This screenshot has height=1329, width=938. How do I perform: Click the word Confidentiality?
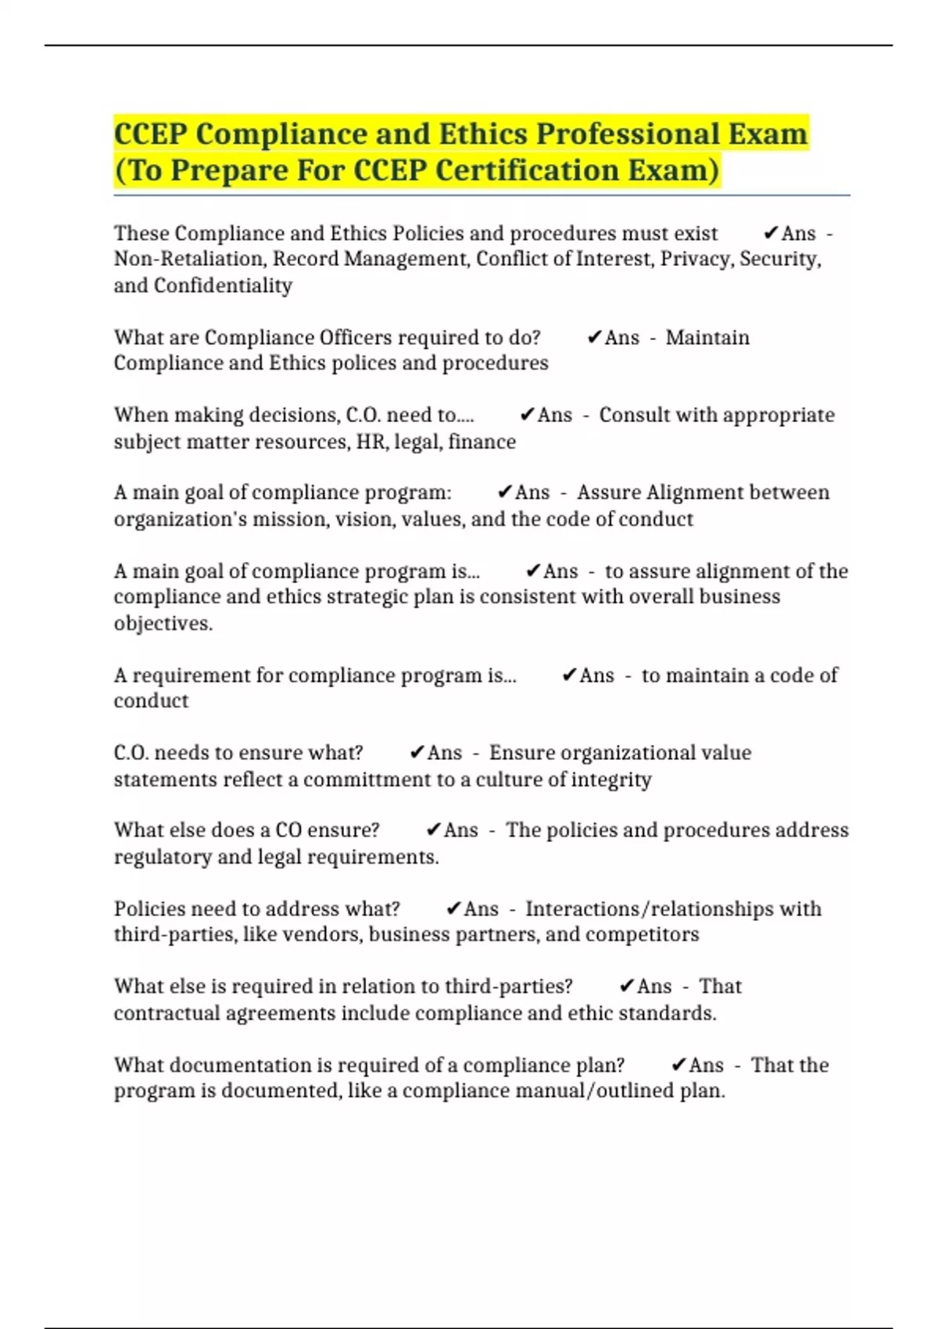point(223,285)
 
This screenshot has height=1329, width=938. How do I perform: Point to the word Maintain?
point(707,338)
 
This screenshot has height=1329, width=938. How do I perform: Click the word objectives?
point(163,623)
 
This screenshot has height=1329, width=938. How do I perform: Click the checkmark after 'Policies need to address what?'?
point(454,908)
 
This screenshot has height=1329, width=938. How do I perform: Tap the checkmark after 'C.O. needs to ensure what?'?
point(417,753)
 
